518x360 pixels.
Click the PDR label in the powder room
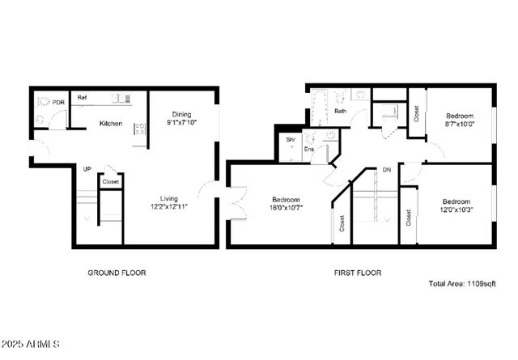[58, 103]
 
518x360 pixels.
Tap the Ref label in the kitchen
[82, 98]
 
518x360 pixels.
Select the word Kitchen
[110, 124]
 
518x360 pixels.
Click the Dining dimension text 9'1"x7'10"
[182, 122]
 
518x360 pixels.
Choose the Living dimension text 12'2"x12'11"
[168, 208]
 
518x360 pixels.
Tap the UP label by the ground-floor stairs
[86, 168]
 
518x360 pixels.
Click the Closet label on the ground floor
[110, 183]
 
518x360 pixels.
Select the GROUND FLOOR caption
[117, 273]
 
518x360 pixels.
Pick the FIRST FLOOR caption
[359, 273]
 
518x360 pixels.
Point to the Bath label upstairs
[342, 111]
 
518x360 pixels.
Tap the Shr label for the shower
[290, 139]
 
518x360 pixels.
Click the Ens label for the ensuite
[308, 149]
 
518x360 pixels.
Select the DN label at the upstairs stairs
[387, 170]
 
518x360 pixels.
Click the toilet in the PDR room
[43, 103]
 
